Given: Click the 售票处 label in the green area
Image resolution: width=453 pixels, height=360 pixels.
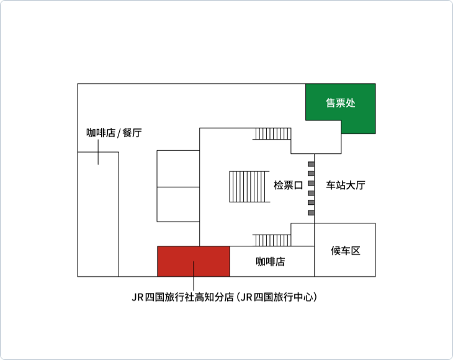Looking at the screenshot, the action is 340,103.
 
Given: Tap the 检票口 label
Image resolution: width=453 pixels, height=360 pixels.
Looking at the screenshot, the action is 288,185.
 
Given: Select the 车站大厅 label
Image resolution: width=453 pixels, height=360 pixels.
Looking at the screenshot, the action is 346,185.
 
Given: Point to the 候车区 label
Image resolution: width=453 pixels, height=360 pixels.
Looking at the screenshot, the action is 346,251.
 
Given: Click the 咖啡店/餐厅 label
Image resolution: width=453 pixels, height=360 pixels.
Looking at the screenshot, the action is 114,133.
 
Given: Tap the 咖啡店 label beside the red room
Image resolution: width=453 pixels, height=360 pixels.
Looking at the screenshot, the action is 271,261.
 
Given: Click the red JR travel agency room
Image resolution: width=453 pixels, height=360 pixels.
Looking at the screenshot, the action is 194,261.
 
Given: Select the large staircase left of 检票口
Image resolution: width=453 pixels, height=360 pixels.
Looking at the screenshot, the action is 249,187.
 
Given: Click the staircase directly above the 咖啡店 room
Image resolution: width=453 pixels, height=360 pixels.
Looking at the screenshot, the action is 272,240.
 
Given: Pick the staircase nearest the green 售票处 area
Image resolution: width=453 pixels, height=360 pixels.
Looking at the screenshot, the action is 272,134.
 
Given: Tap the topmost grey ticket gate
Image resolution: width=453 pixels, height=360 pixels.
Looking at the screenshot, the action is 311,164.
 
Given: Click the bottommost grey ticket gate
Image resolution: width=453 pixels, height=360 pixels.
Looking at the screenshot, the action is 311,213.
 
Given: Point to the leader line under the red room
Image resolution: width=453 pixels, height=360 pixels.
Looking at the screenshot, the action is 194,276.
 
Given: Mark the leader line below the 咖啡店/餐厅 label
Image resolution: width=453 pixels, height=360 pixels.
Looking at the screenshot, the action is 98,152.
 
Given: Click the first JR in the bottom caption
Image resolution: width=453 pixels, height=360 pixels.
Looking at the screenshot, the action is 138,297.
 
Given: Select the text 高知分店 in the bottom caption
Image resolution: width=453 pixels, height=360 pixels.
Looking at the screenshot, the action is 214,297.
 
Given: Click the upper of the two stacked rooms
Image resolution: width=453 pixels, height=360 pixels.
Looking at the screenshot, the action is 178,169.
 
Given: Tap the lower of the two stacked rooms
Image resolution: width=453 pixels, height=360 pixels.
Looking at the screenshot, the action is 178,204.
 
